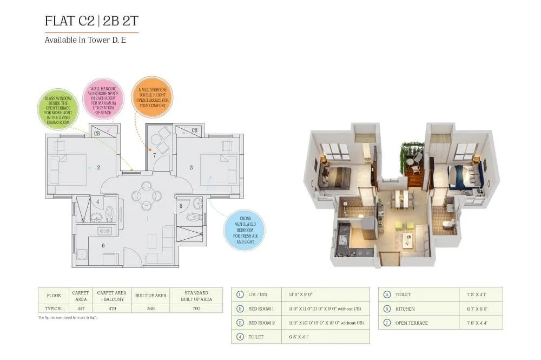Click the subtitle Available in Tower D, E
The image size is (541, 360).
click(85, 40)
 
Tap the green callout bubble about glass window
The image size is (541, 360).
click(58, 109)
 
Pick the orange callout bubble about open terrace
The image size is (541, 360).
click(152, 96)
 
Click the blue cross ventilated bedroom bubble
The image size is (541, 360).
click(244, 230)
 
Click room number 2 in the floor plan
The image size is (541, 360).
click(98, 167)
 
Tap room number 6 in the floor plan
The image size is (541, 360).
click(103, 245)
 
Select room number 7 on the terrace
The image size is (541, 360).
click(154, 155)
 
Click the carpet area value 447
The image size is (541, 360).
click(81, 308)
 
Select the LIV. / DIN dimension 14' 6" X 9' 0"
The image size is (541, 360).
click(297, 294)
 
